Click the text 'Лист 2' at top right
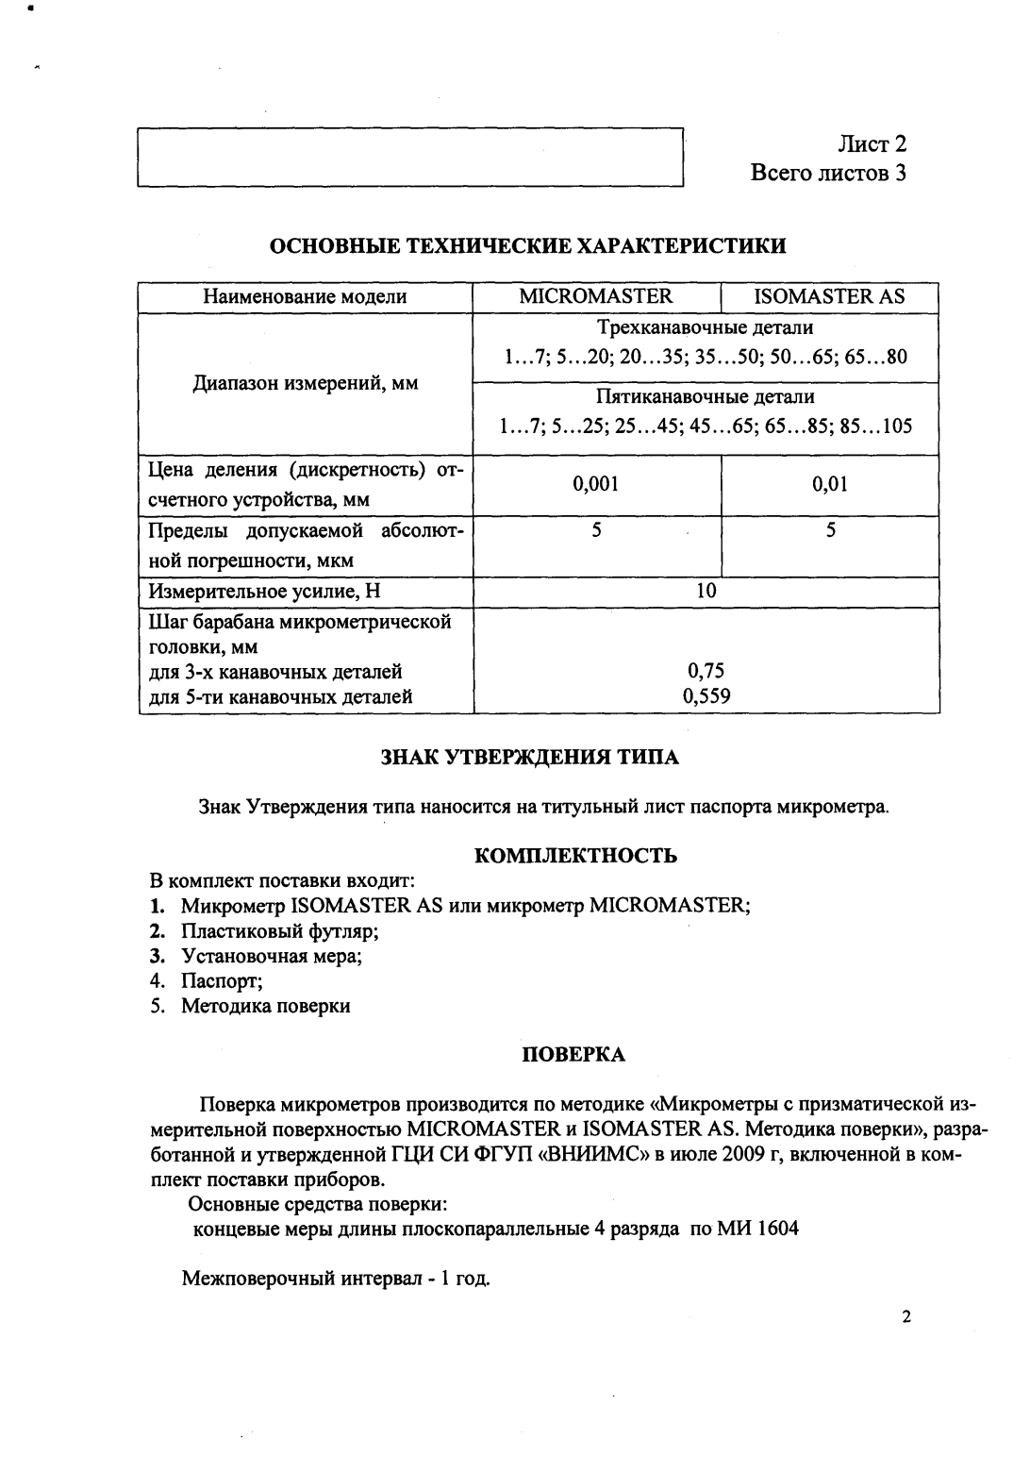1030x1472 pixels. (872, 144)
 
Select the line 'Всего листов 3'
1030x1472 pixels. (827, 174)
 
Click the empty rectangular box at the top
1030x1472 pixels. (409, 159)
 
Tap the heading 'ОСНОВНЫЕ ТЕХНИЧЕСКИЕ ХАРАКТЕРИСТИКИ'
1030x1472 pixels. (528, 247)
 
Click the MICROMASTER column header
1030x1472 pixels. (596, 296)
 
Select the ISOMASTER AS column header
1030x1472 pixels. (829, 296)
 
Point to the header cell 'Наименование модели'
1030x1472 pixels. (305, 296)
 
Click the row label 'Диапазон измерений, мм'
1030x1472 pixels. (305, 383)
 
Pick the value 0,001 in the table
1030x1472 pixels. (596, 484)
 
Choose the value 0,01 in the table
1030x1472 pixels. (830, 484)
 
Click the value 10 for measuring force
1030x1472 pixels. (706, 591)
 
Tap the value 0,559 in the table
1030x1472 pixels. (706, 697)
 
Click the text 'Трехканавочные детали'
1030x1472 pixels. (706, 328)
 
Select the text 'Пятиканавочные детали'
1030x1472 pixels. (706, 396)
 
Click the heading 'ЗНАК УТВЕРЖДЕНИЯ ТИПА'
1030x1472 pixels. (528, 758)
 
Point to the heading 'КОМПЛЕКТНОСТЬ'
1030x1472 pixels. (574, 856)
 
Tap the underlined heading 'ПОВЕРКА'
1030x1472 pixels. (573, 1055)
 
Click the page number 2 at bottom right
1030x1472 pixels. (905, 1317)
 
